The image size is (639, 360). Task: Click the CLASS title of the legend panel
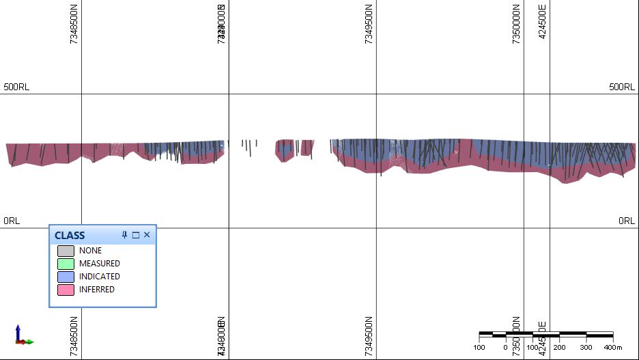tap(70, 235)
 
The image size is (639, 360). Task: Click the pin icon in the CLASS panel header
tap(124, 235)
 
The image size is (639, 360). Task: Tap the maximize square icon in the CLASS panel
tap(135, 235)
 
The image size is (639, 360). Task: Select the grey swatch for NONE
tap(66, 251)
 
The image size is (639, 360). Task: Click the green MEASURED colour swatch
tap(66, 264)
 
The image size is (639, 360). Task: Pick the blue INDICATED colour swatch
tap(66, 277)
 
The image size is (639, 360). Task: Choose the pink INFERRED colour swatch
tap(66, 290)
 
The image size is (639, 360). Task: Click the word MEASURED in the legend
tap(99, 264)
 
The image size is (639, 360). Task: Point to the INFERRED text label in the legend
tap(97, 290)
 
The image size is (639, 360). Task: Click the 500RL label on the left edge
tap(16, 87)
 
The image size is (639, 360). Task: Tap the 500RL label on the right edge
tap(622, 87)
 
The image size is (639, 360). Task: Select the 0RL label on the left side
tap(12, 221)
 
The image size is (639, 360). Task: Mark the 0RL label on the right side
tap(627, 221)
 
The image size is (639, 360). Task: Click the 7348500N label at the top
tap(74, 24)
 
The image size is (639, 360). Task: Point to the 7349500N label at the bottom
tap(369, 336)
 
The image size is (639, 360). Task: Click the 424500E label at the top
tap(543, 22)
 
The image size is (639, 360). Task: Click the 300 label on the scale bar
tap(585, 347)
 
